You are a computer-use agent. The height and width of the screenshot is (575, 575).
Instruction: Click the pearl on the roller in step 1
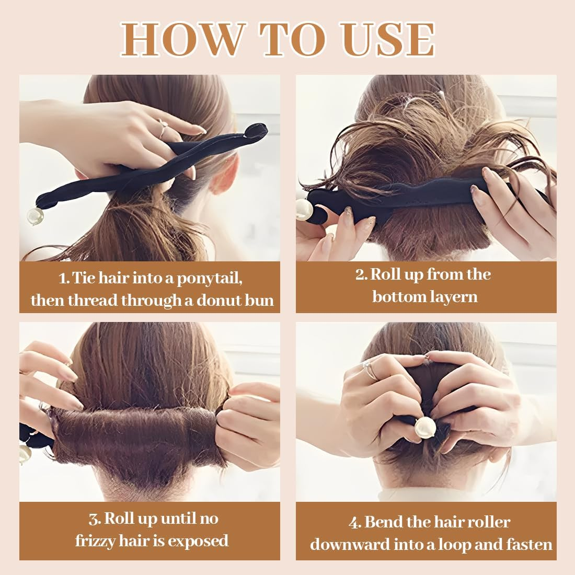(36, 216)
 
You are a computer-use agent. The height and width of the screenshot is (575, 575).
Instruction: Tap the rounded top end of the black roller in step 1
(256, 130)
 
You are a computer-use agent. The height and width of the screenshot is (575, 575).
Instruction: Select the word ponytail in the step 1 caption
(210, 279)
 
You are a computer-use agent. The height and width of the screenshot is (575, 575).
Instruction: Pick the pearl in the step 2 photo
(304, 210)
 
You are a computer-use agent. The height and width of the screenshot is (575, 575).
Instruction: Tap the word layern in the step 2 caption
(455, 297)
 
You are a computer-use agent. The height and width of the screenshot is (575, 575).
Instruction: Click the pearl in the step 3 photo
(25, 454)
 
